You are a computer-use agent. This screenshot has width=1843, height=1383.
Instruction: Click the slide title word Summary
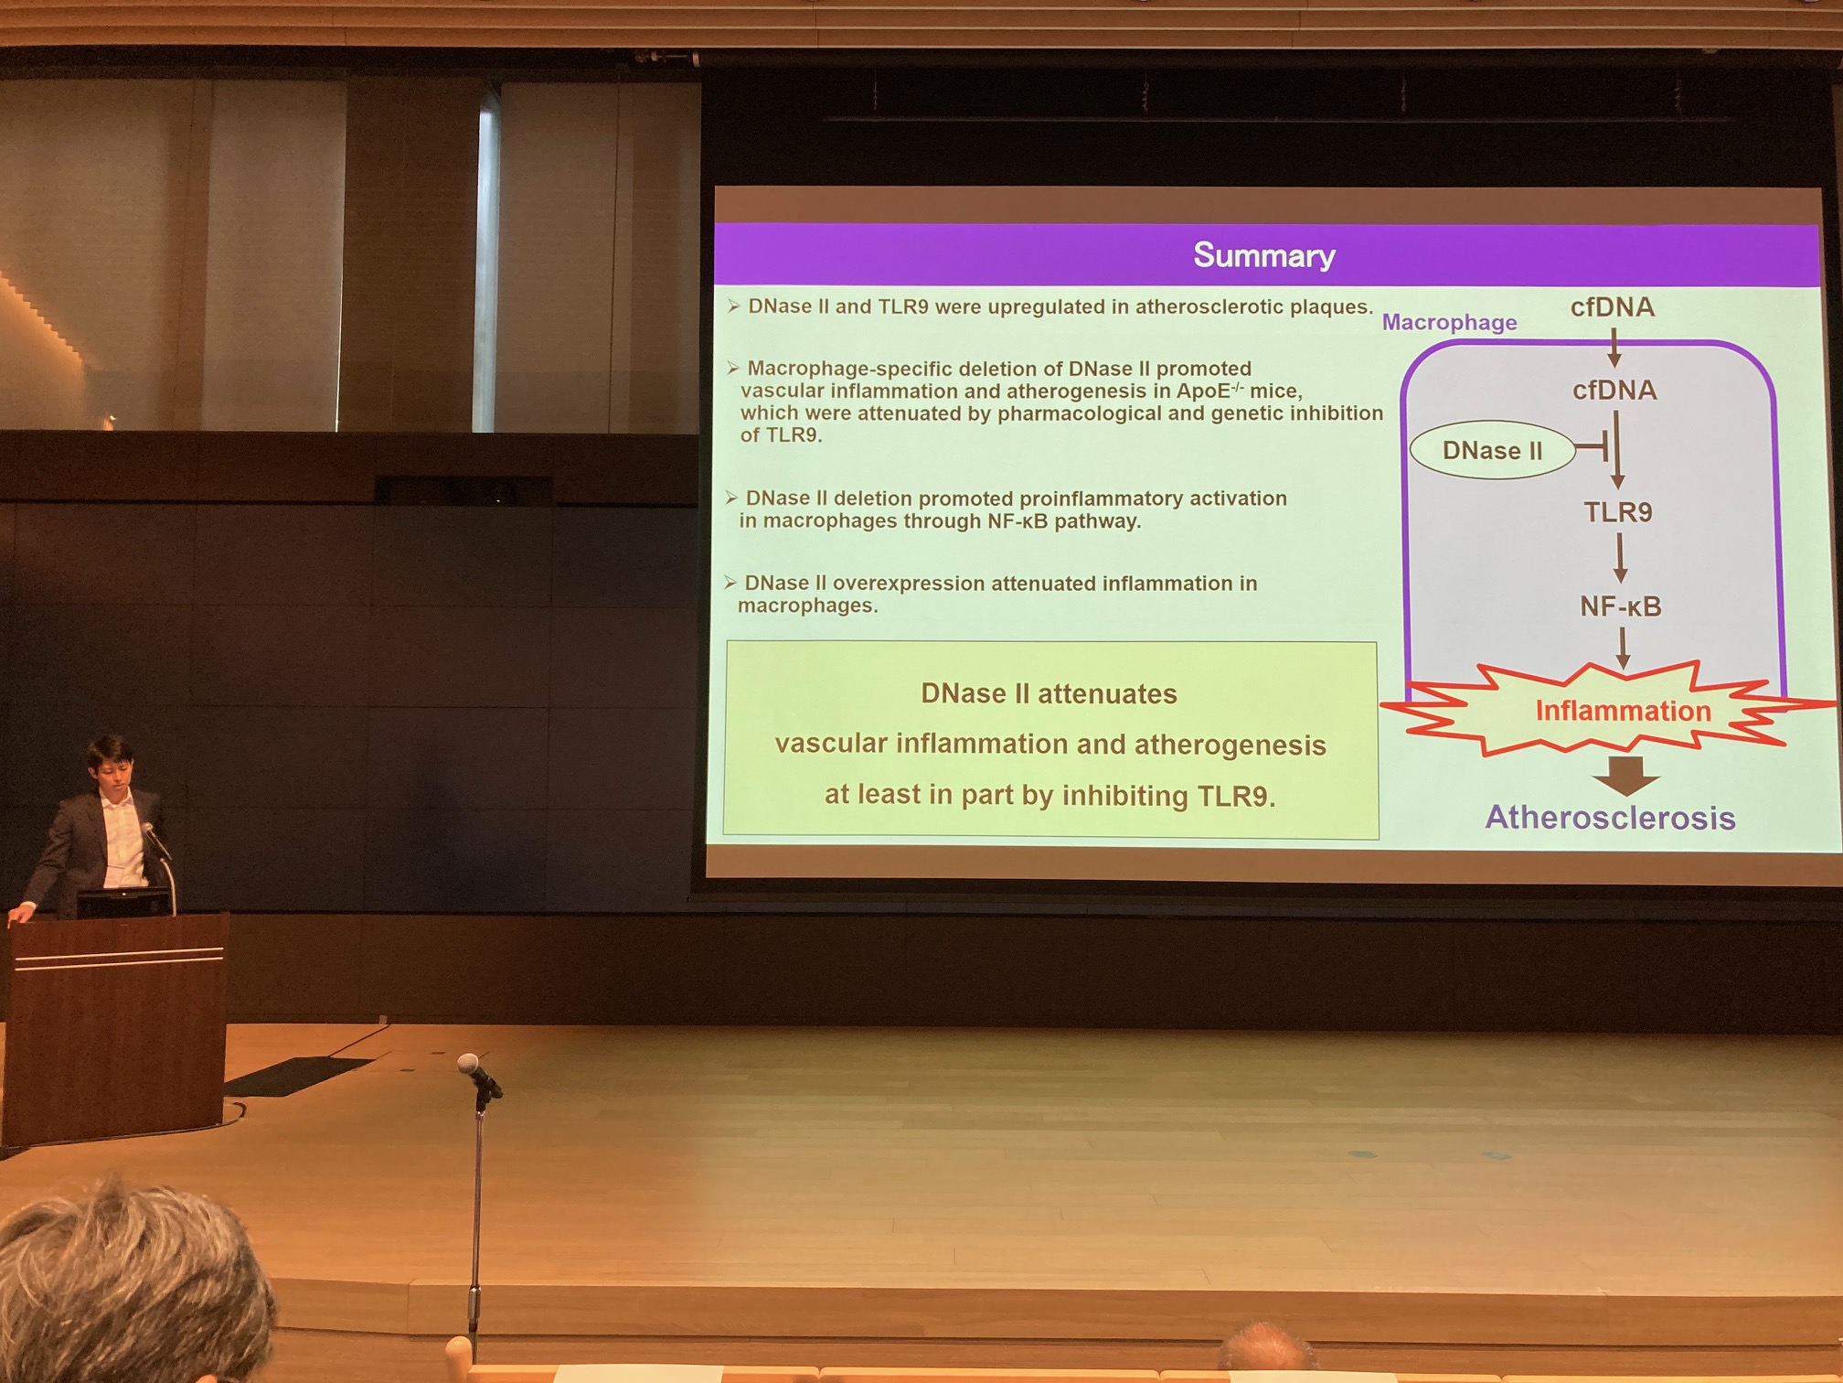(x=1264, y=255)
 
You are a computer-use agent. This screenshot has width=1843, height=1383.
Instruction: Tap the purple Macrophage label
(x=1449, y=322)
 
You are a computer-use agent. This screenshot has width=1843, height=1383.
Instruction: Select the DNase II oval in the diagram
(x=1492, y=450)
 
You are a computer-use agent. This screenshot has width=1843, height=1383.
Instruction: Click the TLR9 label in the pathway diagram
(x=1617, y=512)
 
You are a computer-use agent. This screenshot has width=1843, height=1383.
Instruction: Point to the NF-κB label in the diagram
(x=1620, y=606)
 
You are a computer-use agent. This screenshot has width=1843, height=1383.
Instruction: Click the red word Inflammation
(x=1623, y=711)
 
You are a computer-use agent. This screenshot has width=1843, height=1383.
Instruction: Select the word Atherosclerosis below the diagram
(x=1610, y=817)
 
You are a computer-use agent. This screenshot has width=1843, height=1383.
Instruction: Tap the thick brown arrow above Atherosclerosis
(x=1625, y=776)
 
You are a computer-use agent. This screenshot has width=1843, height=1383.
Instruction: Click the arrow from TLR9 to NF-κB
(x=1620, y=558)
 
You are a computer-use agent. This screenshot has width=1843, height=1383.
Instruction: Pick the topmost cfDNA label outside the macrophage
(x=1613, y=307)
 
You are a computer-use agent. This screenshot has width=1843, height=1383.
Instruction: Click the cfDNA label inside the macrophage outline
(x=1614, y=391)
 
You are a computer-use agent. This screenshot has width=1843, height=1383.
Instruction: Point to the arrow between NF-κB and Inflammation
(x=1623, y=648)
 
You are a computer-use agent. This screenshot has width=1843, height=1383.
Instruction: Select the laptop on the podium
(x=123, y=902)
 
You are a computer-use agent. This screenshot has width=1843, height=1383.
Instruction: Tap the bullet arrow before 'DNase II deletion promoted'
(x=731, y=498)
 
